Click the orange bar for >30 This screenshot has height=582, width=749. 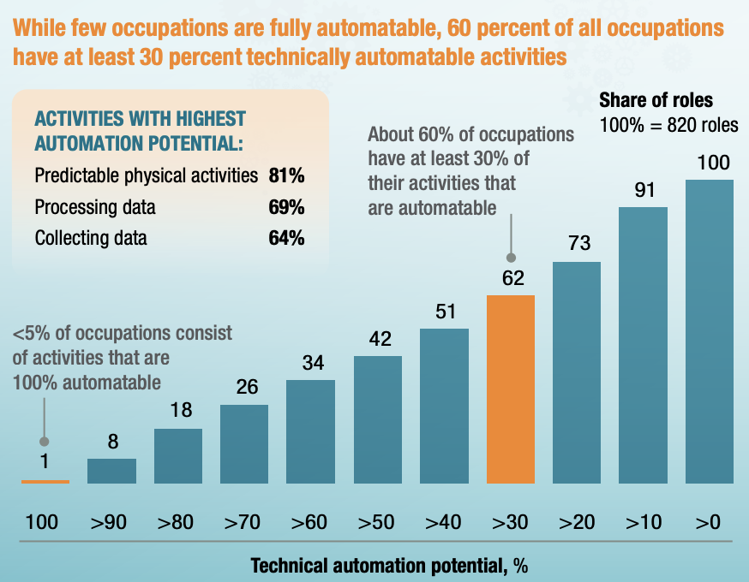pyautogui.click(x=511, y=389)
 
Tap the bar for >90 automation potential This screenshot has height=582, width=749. pyautogui.click(x=111, y=472)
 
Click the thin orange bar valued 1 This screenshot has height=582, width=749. pyautogui.click(x=45, y=482)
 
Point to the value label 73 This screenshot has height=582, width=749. pyautogui.click(x=579, y=244)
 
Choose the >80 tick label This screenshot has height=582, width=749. pyautogui.click(x=176, y=522)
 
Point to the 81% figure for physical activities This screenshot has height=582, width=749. pyautogui.click(x=287, y=176)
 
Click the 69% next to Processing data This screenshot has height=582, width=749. pyautogui.click(x=287, y=207)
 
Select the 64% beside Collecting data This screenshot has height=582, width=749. pyautogui.click(x=287, y=238)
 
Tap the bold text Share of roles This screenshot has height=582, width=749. pyautogui.click(x=656, y=100)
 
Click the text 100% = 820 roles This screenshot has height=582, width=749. pyautogui.click(x=668, y=124)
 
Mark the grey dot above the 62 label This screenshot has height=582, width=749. pyautogui.click(x=512, y=256)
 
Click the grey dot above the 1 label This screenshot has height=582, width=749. pyautogui.click(x=45, y=441)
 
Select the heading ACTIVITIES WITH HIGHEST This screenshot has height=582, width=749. pyautogui.click(x=139, y=119)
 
